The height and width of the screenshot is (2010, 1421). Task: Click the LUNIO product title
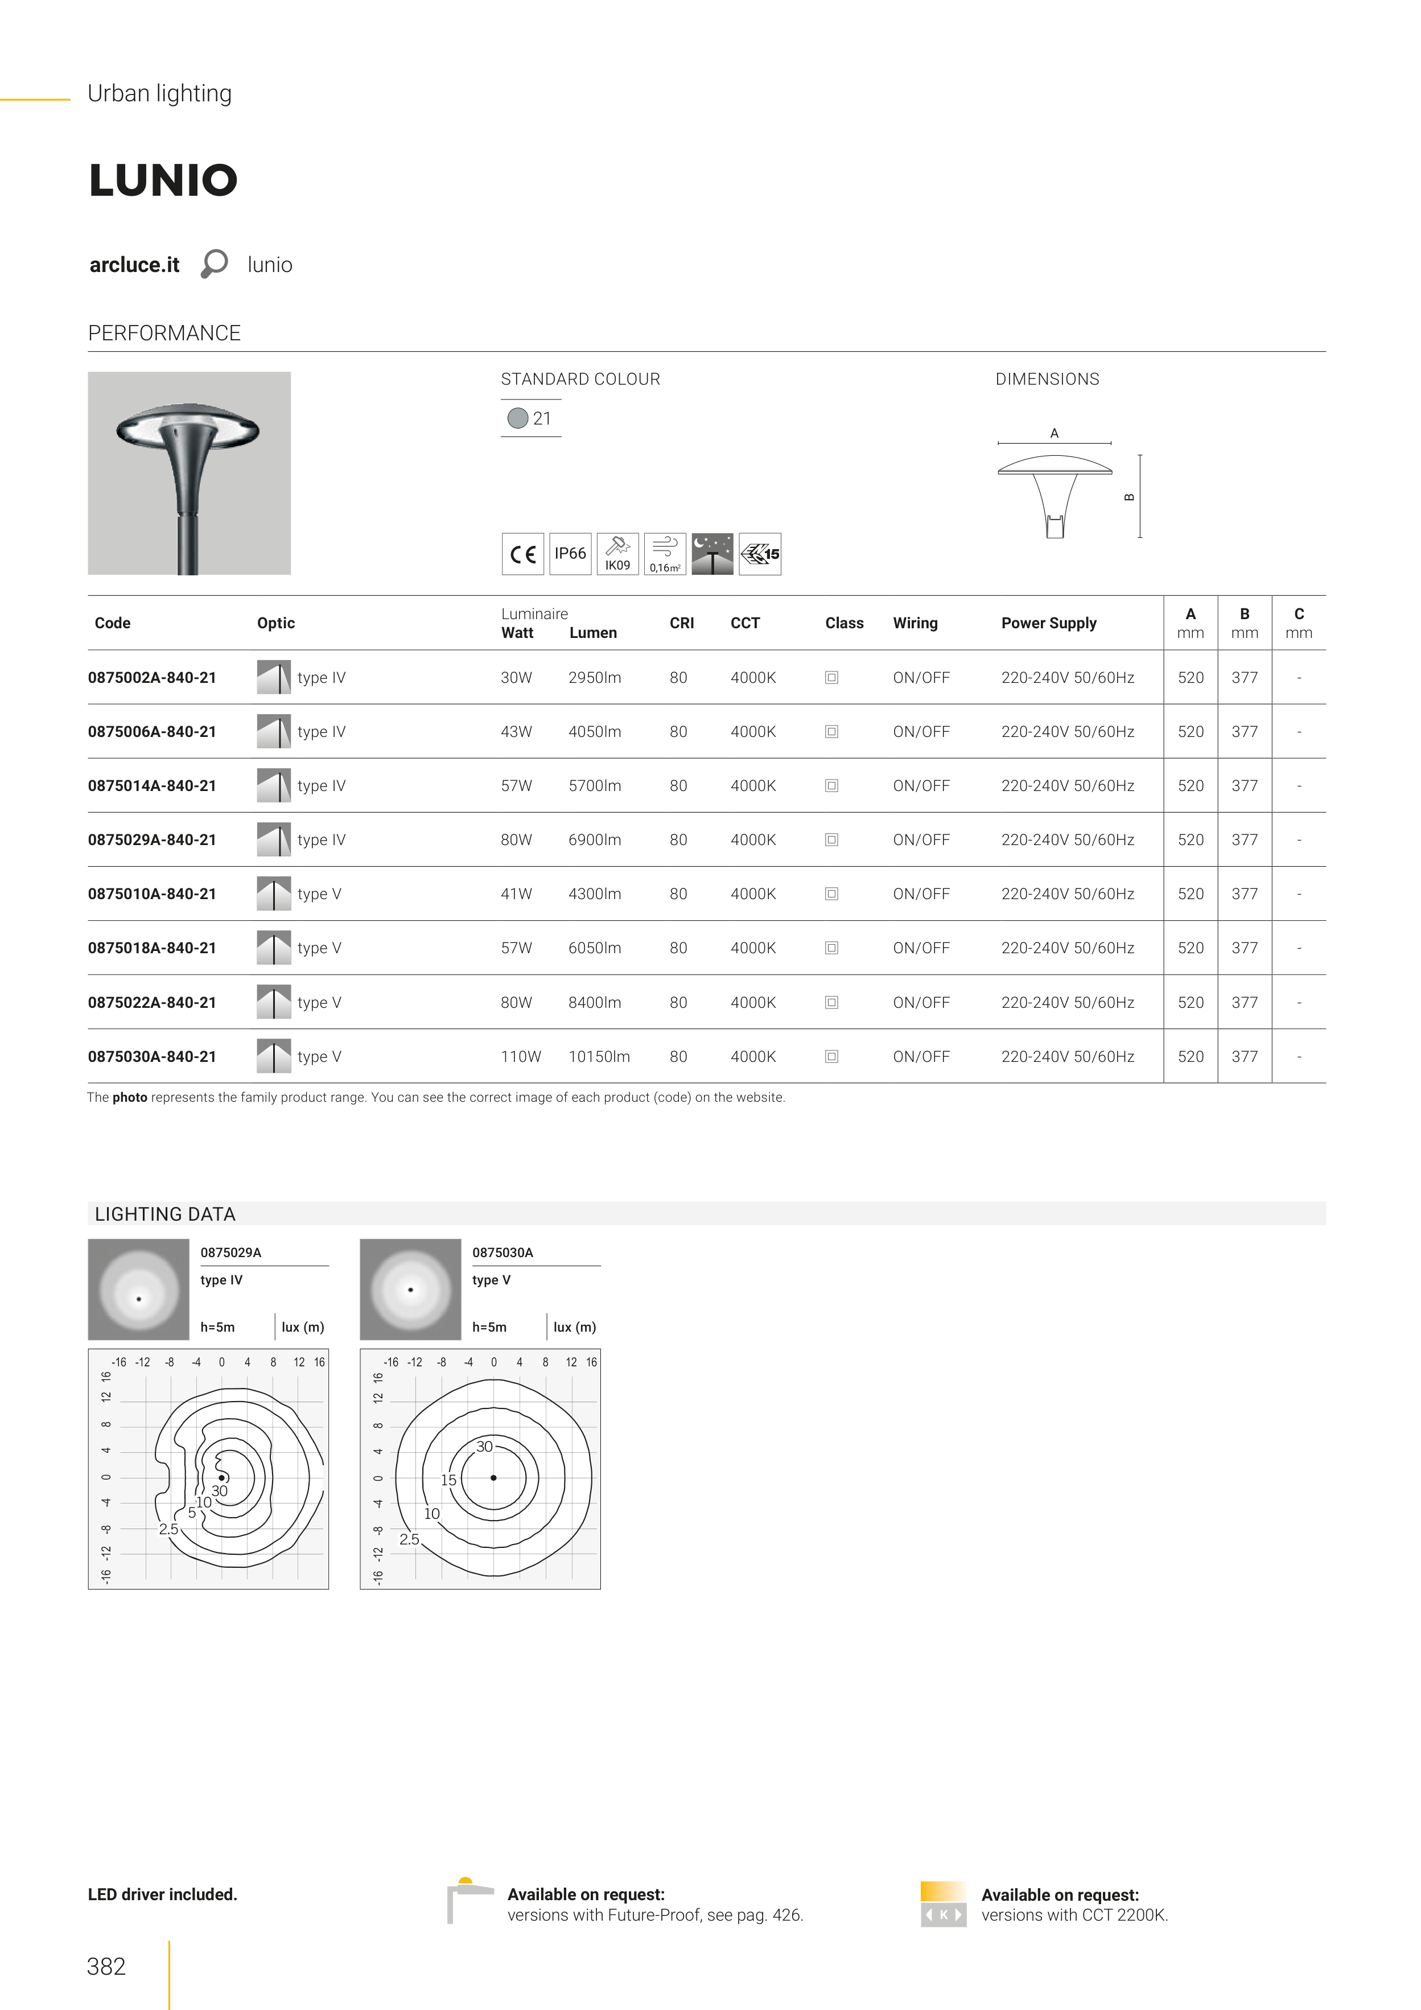point(163,180)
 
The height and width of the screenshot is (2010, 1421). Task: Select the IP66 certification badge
point(570,553)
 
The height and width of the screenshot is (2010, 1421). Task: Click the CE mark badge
point(522,553)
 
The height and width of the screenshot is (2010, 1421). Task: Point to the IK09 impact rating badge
point(617,553)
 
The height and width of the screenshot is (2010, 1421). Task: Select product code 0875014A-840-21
point(151,785)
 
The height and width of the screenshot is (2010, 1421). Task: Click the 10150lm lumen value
point(599,1057)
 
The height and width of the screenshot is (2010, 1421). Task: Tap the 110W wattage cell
point(521,1057)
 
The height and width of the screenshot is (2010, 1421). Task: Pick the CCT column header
point(745,623)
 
